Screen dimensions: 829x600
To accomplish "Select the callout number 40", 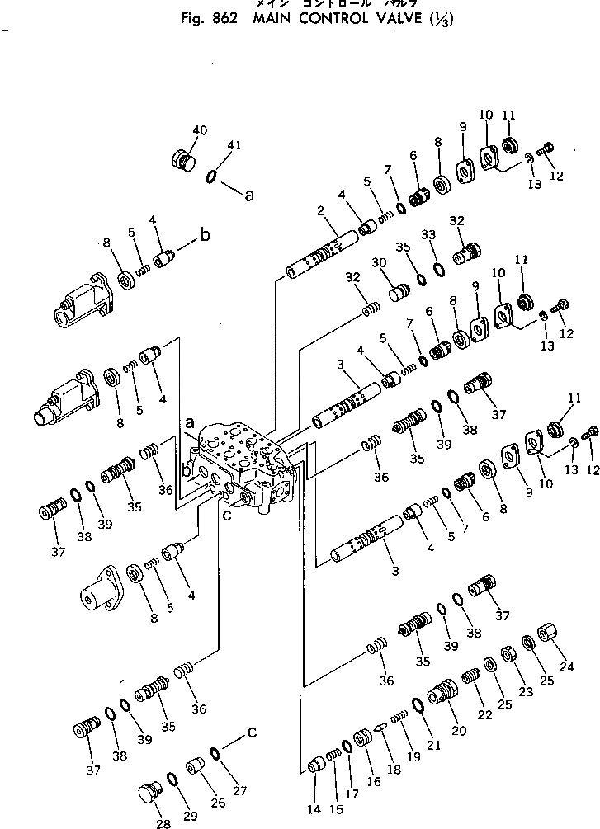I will tap(201, 130).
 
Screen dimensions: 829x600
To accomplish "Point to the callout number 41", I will tap(234, 145).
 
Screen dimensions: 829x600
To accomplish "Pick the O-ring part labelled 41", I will tap(213, 175).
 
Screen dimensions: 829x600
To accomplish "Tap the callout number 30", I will tap(378, 262).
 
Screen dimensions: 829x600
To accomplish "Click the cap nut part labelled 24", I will tap(548, 638).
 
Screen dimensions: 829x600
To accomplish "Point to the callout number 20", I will tap(459, 731).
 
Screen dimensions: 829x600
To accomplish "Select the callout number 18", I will tap(394, 768).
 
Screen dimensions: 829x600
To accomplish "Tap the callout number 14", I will tap(314, 810).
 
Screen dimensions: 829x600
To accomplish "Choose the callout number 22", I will tap(484, 714).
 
